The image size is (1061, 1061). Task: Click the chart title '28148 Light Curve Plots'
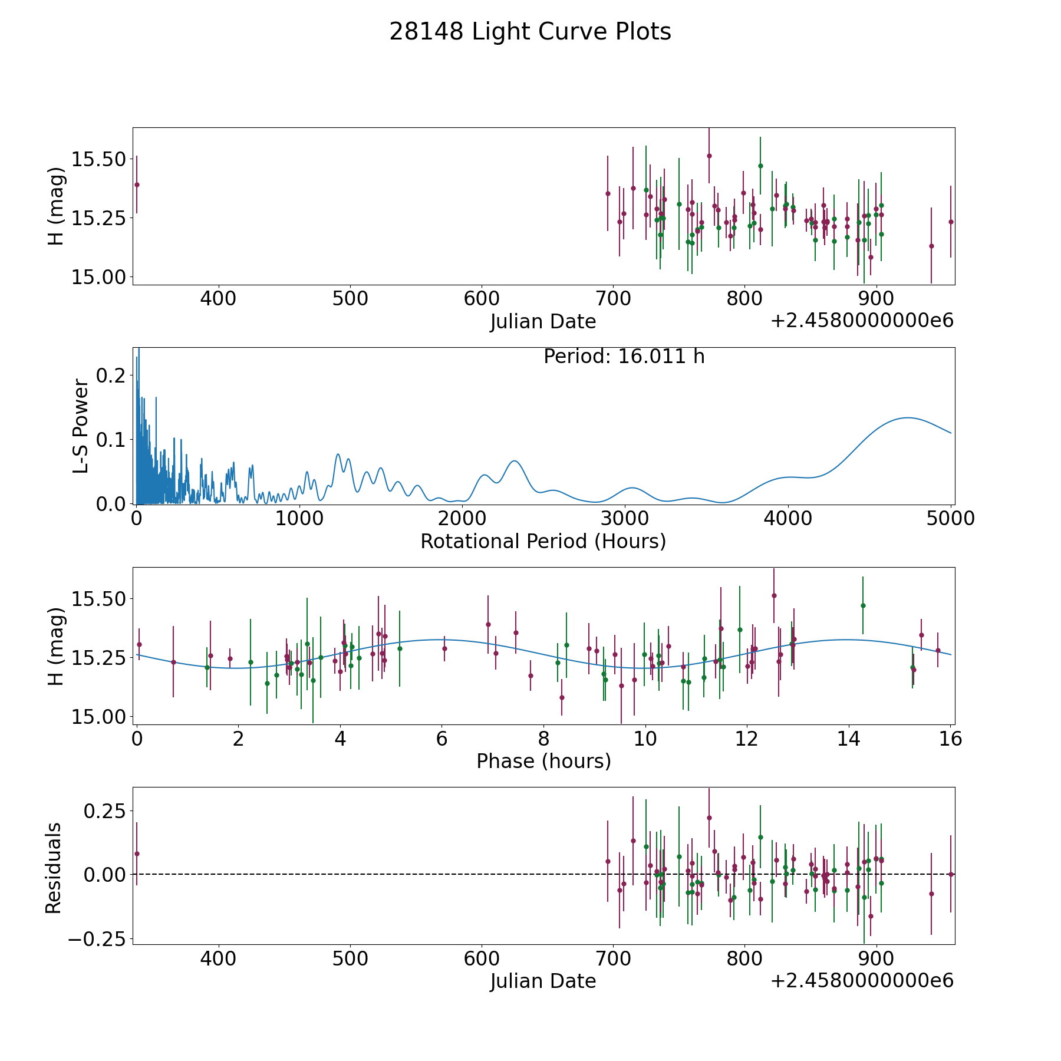(530, 32)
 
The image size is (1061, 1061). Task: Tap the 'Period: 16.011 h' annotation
(624, 357)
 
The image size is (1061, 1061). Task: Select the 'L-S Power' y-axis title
(81, 426)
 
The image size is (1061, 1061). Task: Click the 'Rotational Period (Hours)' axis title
(543, 541)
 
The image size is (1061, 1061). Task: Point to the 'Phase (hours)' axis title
(543, 761)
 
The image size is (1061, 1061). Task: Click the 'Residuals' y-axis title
(54, 868)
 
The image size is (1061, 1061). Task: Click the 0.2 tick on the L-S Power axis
(111, 375)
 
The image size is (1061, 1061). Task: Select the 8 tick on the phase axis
(543, 739)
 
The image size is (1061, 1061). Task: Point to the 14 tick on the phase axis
(848, 739)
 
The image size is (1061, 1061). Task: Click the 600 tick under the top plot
(482, 298)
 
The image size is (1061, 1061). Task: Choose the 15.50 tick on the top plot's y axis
(98, 159)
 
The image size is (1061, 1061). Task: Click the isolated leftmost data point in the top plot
(137, 184)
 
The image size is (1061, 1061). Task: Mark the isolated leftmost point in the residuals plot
(137, 854)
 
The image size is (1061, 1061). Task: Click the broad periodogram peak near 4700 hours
(908, 418)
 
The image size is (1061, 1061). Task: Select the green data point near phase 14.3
(863, 605)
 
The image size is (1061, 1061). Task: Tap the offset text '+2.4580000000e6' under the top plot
(862, 321)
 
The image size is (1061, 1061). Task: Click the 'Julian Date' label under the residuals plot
(543, 981)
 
